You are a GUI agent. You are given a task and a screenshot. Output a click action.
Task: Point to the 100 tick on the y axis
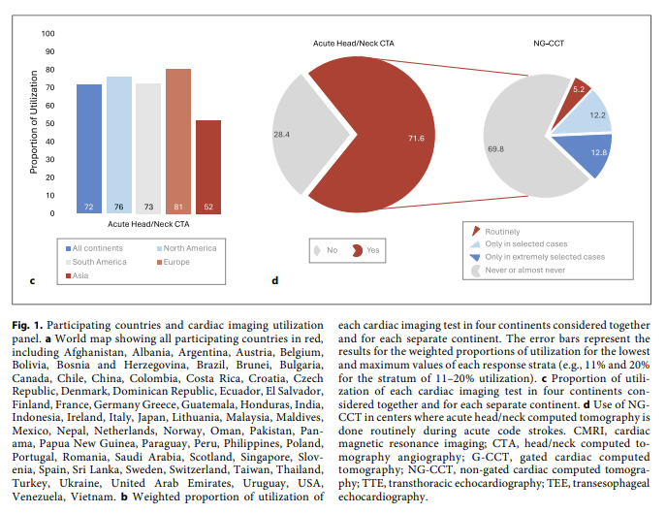click(48, 34)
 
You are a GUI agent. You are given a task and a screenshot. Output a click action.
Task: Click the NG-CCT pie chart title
click(551, 43)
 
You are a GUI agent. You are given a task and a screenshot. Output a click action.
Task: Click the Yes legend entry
click(366, 249)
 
